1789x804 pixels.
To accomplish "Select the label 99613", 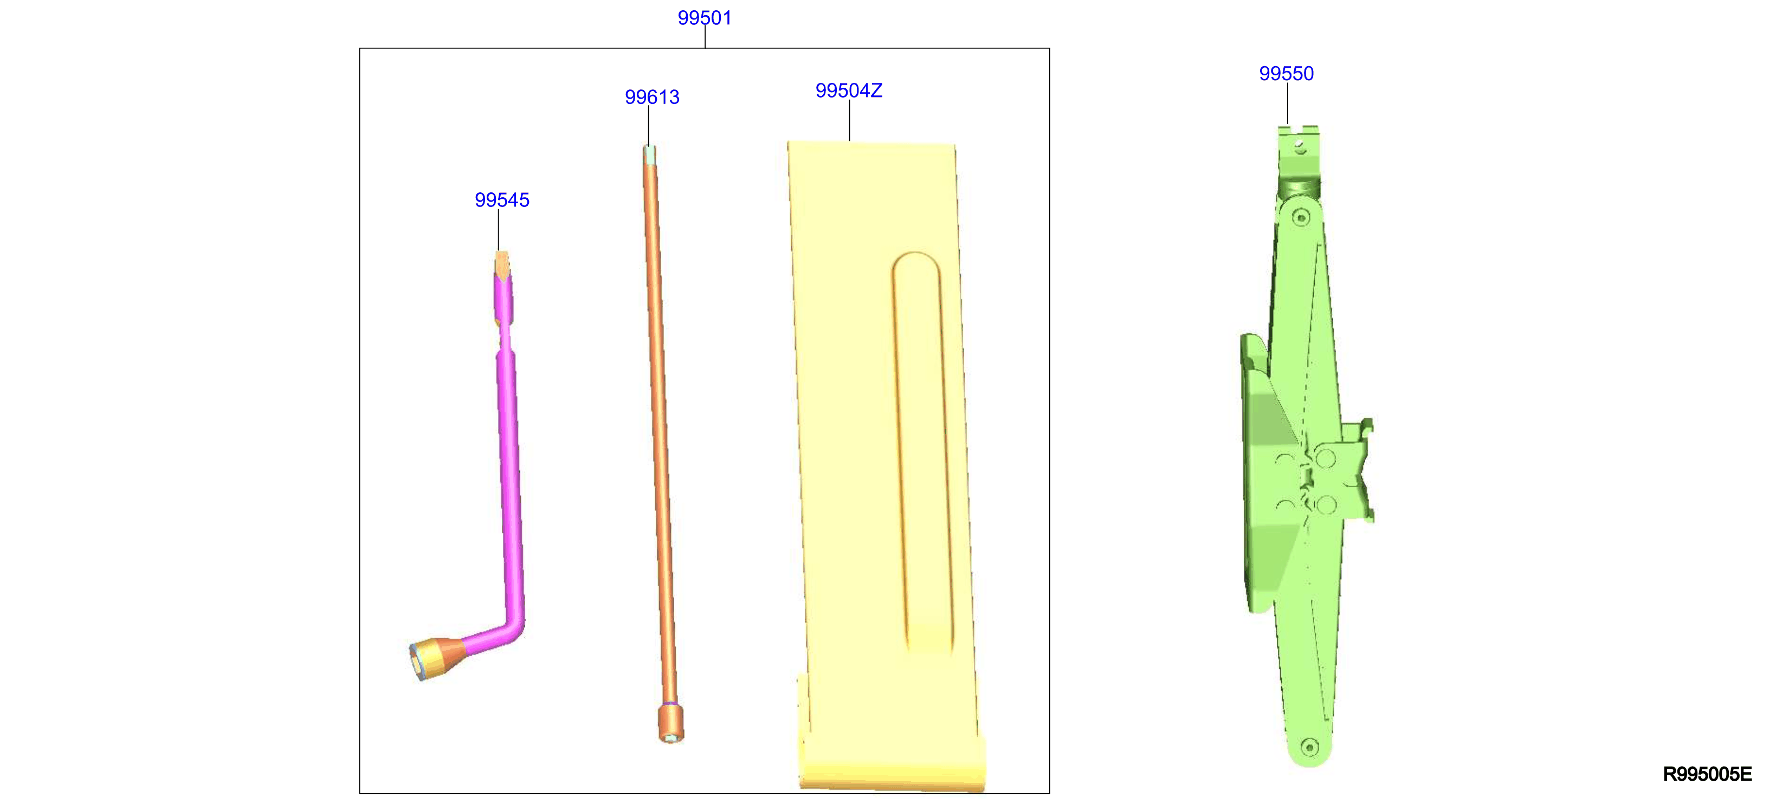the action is [x=651, y=97].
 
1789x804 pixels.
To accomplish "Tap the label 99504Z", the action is [x=849, y=91].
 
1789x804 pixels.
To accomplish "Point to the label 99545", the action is [x=501, y=200].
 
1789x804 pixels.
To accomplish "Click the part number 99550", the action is [x=1286, y=74].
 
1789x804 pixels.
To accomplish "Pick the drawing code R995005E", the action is [x=1707, y=774].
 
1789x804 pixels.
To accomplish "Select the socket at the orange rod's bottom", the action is [x=670, y=723].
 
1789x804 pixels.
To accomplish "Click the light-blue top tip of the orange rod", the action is [x=649, y=154].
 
